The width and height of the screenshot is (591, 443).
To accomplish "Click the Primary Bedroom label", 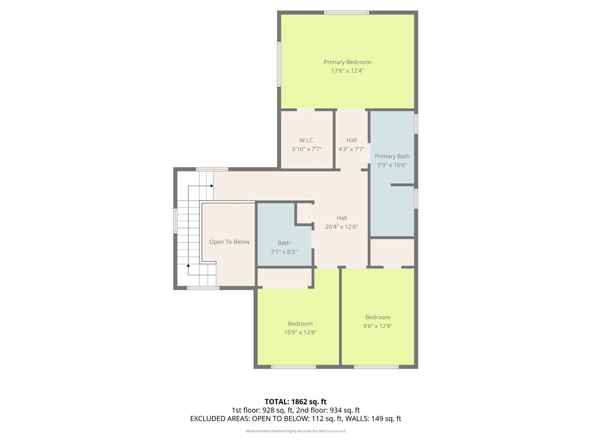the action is pos(347,62).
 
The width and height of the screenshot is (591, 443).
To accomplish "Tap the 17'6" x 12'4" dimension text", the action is pos(347,71).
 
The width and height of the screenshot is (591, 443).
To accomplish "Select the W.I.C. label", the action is pos(306,140).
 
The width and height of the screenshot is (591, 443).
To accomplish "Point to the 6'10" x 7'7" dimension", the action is pos(306,149).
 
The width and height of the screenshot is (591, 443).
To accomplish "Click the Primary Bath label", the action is pos(392,156).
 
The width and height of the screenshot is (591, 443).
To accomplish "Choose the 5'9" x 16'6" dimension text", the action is pos(392,165).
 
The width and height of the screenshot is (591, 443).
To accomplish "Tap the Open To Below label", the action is pos(229,242).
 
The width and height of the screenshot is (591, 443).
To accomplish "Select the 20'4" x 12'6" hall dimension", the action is pos(342,227).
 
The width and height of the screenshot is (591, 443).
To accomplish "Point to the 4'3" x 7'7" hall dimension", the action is pos(351,149).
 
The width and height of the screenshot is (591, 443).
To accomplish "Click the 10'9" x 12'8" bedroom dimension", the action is pos(300,332).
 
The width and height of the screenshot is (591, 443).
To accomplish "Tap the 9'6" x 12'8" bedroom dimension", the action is pos(377,326).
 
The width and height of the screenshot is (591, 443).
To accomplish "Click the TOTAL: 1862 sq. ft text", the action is pos(295,401).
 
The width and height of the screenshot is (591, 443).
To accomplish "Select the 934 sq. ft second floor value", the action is pos(345,410).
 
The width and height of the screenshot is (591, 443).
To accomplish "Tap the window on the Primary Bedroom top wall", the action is pos(346,13).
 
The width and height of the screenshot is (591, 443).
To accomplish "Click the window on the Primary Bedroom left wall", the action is pos(279,64).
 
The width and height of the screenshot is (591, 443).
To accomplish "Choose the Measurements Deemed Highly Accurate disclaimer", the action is pos(295,431).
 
